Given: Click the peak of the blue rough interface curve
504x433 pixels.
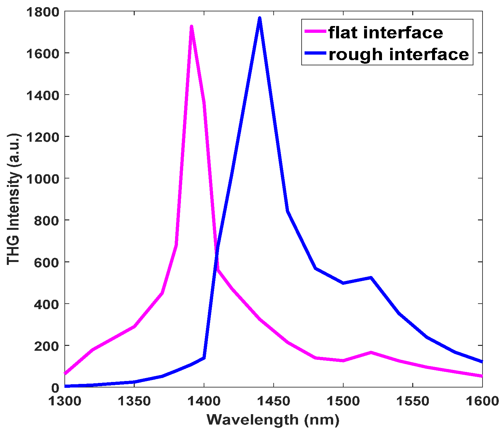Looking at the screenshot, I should (260, 18).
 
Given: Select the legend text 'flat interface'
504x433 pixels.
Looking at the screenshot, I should (386, 33).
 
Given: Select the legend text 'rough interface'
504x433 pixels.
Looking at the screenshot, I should (399, 54).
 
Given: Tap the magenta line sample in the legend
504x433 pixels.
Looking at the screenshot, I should (315, 32).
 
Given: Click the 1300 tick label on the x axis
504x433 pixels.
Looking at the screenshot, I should (65, 401).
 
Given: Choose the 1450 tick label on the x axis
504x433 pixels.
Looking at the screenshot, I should (274, 401).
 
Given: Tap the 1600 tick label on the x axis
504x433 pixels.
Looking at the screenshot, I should (482, 401).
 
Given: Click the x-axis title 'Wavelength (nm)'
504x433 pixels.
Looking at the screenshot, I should (273, 420).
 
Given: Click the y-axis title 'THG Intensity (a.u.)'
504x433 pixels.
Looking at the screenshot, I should (13, 199).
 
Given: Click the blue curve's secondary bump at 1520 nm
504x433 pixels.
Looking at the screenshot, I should (371, 278).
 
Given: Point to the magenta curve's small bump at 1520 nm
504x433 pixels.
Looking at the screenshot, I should (371, 352).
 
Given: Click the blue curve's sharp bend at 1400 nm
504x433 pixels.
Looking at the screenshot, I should (204, 358).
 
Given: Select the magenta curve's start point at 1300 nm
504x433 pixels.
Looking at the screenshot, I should (65, 374).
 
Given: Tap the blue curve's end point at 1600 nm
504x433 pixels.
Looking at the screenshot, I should (482, 361).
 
